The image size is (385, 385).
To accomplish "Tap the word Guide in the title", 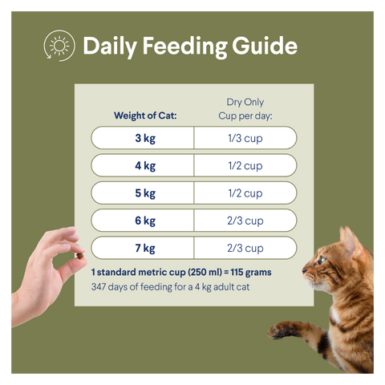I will pos(259,47).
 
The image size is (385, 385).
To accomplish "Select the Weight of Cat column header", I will pos(145,115).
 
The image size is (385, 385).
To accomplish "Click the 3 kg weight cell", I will pos(144,138).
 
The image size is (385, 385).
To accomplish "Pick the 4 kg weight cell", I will pos(144,166).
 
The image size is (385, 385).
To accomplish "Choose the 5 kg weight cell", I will pos(144,193).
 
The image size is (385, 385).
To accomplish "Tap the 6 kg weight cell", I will pos(144,221).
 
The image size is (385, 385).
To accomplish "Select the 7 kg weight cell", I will pos(144,248).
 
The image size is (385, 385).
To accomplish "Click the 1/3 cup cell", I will pos(245,138).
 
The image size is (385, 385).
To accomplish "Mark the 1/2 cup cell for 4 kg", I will pos(245,166).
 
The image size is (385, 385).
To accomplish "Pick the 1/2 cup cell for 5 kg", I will pos(245,193).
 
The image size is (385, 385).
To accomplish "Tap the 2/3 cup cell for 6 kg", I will pos(245,221).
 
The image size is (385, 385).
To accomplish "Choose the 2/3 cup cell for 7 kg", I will pos(245,248).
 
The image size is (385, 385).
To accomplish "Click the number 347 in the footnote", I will pos(101,286).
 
